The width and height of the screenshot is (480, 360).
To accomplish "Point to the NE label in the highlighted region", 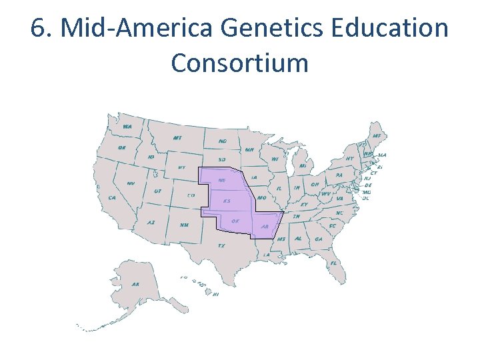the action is tap(221, 181).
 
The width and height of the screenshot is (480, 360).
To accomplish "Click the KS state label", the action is tap(227, 201).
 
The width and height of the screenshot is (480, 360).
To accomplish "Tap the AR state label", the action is tap(265, 227).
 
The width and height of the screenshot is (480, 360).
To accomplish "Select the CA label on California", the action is tap(112, 197).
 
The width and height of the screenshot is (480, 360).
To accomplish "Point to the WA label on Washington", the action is tap(127, 126).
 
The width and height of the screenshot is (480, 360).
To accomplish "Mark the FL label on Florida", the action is tap(333, 263).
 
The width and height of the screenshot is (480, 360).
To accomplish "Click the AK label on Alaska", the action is tap(135, 284).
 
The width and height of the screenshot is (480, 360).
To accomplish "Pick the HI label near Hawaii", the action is tap(215, 293).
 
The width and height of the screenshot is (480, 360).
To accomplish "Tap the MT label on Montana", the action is tap(177, 138).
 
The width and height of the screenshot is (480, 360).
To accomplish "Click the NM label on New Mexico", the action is tap(184, 224).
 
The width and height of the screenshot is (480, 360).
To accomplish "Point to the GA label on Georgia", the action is tap(318, 239).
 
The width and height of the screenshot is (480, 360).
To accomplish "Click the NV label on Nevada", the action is tap(131, 183).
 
